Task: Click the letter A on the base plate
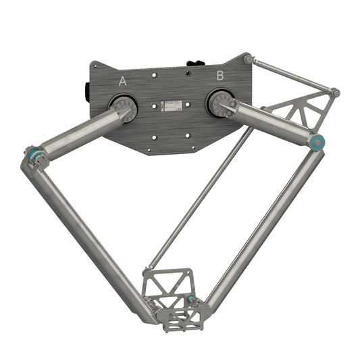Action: point(122,81)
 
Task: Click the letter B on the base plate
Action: point(220,76)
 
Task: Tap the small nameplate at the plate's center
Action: point(171,105)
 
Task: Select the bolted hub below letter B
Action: point(220,103)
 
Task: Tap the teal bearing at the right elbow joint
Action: point(316,142)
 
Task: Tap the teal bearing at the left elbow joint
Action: point(34,156)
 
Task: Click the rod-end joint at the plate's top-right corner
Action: point(249,59)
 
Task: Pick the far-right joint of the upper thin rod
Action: point(334,92)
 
